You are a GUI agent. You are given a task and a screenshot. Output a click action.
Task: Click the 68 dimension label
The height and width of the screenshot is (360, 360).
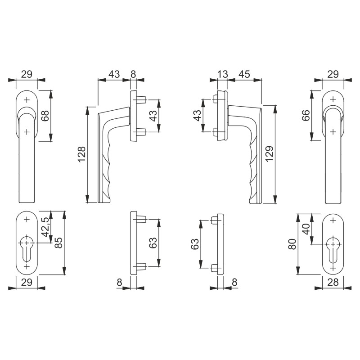[45, 116]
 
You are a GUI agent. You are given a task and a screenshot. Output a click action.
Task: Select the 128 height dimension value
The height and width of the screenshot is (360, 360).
[82, 154]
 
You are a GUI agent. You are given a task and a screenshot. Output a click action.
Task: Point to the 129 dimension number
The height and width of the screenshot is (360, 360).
[270, 153]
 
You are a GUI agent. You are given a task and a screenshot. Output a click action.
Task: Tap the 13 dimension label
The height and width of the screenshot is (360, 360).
[222, 74]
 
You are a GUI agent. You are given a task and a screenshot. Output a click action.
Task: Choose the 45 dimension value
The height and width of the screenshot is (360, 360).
[244, 74]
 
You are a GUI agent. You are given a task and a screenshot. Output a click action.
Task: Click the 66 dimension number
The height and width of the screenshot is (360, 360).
[306, 116]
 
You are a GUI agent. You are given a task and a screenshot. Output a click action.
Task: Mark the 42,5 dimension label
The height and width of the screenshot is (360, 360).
[45, 227]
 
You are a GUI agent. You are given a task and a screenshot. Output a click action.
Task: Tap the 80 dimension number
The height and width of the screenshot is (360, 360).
[292, 244]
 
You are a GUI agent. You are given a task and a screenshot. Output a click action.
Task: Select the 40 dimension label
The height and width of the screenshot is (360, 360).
[306, 229]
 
